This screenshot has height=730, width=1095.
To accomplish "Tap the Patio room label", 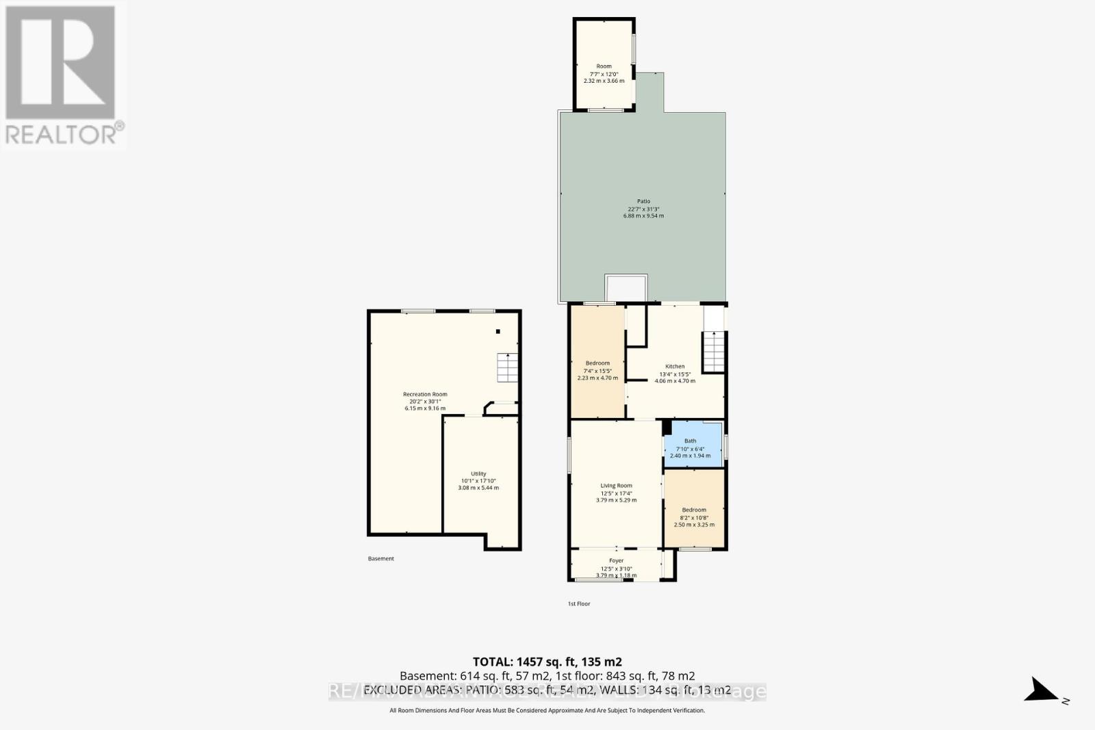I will pyautogui.click(x=643, y=201).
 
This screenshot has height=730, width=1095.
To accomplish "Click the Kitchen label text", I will pyautogui.click(x=675, y=367).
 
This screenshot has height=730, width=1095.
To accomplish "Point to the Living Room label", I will pyautogui.click(x=616, y=486).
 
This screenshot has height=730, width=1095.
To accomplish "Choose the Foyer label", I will pyautogui.click(x=616, y=560).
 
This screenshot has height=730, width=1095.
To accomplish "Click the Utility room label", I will pyautogui.click(x=478, y=473).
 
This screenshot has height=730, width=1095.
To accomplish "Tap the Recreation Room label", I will pyautogui.click(x=425, y=394).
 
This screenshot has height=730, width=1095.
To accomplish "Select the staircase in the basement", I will pyautogui.click(x=508, y=367).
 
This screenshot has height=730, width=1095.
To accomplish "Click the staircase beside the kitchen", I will pyautogui.click(x=714, y=351).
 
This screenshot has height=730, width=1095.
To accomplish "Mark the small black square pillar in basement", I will pyautogui.click(x=498, y=332).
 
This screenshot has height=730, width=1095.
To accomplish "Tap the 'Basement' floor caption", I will pyautogui.click(x=381, y=559).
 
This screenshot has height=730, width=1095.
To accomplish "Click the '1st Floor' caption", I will pyautogui.click(x=579, y=604).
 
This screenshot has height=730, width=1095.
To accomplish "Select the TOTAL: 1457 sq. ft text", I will pyautogui.click(x=547, y=662).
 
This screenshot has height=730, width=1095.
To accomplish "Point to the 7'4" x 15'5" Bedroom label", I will pyautogui.click(x=597, y=363).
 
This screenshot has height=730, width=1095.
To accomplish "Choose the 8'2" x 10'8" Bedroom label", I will pyautogui.click(x=694, y=510).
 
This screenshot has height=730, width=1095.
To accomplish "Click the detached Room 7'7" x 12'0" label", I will pyautogui.click(x=604, y=66).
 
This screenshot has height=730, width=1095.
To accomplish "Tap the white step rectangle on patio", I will pyautogui.click(x=626, y=287).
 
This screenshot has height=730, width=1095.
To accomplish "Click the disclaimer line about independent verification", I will pyautogui.click(x=547, y=711).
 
